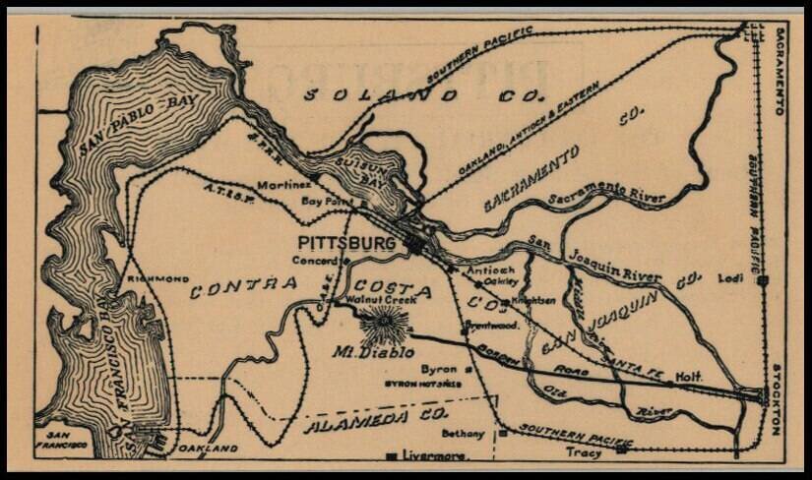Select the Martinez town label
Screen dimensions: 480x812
tap(284, 185)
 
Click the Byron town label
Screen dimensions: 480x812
tap(439, 368)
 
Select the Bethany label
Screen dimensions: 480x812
tap(463, 433)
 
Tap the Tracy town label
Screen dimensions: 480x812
tap(584, 453)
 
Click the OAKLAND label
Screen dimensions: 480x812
tap(209, 449)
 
